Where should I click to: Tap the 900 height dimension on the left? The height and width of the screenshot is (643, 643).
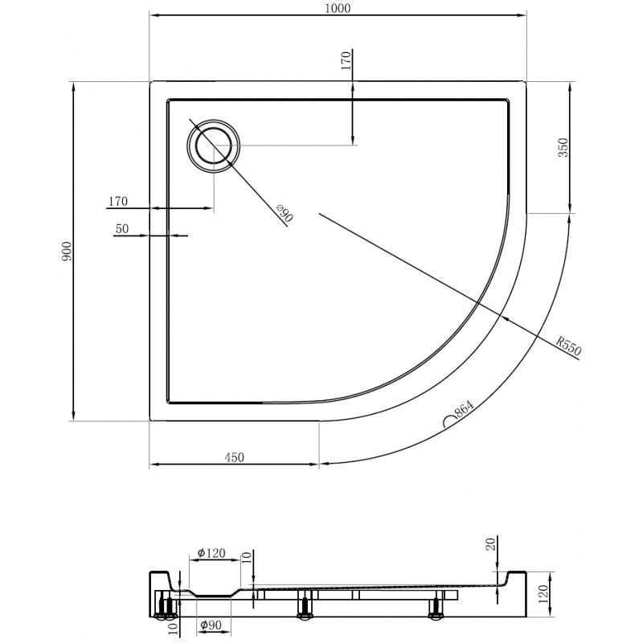(x=68, y=251)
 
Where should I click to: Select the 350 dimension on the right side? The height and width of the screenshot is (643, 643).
(x=563, y=148)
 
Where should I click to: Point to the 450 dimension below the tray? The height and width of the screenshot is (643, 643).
(x=234, y=457)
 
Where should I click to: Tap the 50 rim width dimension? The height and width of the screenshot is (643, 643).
(x=122, y=228)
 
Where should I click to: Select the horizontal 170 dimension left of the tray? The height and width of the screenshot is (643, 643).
(x=118, y=201)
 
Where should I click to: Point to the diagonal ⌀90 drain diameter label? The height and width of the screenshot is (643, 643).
(x=283, y=214)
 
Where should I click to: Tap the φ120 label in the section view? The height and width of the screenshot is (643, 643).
(x=211, y=553)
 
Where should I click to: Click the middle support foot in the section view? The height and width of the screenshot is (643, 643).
(x=305, y=605)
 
